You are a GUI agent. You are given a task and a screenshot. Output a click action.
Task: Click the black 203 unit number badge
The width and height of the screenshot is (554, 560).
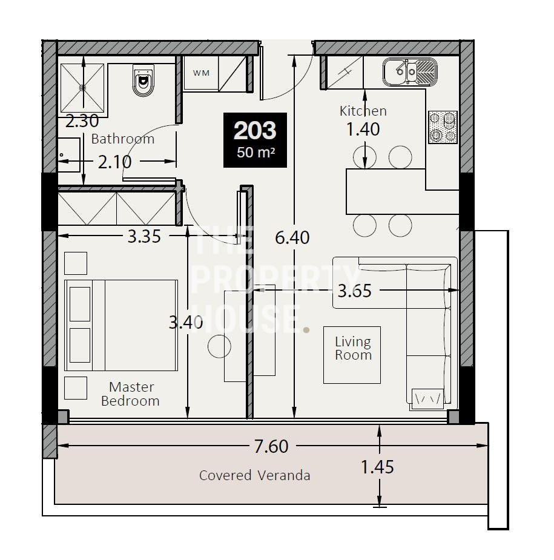255,140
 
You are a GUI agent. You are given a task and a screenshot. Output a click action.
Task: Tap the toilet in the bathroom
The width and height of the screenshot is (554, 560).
143,81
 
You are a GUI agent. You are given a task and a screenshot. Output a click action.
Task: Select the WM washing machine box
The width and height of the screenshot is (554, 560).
201,73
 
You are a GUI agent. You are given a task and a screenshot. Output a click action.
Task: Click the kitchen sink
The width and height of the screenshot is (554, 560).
410,72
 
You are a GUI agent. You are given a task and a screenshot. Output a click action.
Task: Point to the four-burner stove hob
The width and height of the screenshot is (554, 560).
443,127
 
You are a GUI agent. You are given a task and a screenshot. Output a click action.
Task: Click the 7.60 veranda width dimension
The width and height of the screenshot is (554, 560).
271,446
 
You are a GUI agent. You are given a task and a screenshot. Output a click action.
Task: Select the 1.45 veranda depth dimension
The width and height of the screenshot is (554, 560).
377,467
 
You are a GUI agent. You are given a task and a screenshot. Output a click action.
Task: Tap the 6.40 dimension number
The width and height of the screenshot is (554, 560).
292,237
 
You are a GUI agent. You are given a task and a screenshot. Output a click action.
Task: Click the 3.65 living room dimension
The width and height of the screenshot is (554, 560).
354,291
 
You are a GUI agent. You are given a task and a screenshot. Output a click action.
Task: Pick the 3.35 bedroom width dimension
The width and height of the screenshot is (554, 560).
144,236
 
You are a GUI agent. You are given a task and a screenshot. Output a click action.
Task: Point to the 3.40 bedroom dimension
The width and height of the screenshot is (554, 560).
186,323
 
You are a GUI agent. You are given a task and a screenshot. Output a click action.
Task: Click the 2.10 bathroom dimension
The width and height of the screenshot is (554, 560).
114,162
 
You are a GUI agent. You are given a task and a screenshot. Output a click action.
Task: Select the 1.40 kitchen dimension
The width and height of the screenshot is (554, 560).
363,129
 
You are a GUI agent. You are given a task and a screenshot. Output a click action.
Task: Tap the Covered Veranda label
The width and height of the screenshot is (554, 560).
255,475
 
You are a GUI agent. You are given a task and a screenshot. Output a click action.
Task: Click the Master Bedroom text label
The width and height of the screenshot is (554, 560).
130,394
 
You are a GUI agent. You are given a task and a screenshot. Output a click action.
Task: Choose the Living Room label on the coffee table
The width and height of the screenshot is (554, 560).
353,348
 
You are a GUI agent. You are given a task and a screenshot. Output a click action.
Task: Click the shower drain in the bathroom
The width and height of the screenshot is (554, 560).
82,88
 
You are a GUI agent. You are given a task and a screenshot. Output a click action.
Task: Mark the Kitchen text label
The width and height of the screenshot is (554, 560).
363,111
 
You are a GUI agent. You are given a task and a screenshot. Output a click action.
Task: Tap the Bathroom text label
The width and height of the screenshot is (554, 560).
123,139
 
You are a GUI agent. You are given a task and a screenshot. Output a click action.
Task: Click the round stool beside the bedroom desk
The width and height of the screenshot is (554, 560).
219,346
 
